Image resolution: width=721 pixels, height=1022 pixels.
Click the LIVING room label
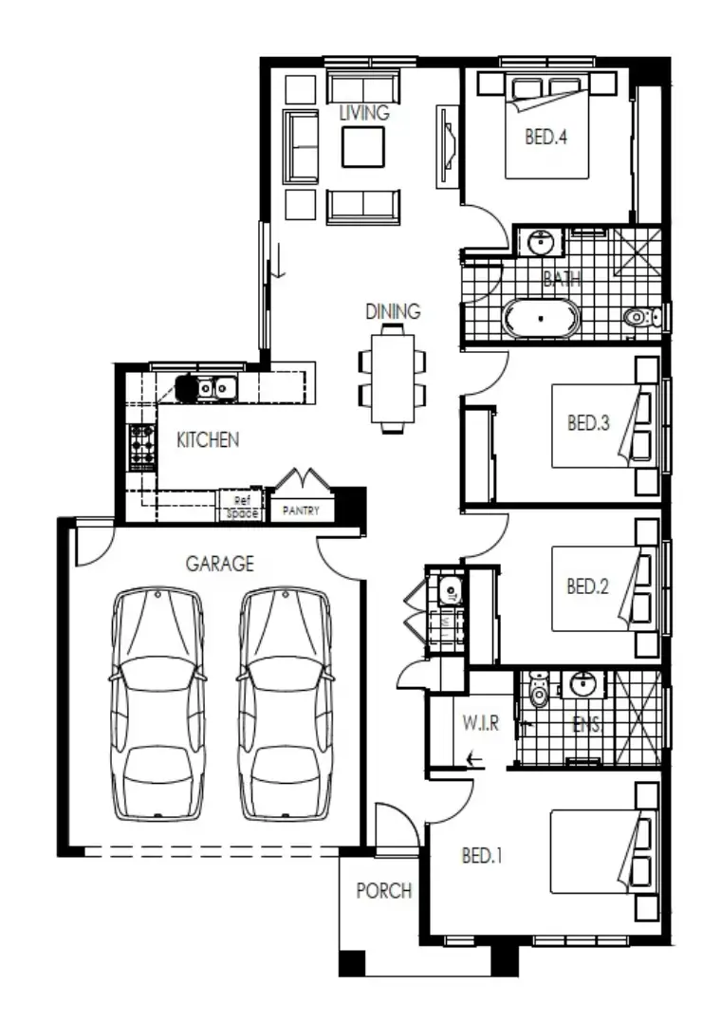point(364,113)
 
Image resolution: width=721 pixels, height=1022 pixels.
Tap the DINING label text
point(393,311)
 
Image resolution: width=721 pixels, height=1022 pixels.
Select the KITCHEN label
point(208,440)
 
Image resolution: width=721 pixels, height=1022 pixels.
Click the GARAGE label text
point(219,564)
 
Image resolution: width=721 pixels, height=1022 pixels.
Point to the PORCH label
point(383,891)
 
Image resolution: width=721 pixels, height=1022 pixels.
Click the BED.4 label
point(545,138)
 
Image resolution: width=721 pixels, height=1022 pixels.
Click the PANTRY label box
point(302,511)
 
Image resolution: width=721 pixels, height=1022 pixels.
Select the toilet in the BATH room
point(639,317)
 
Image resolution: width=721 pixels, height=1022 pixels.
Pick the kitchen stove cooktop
point(142,445)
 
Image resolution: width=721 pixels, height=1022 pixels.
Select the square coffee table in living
point(363,147)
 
